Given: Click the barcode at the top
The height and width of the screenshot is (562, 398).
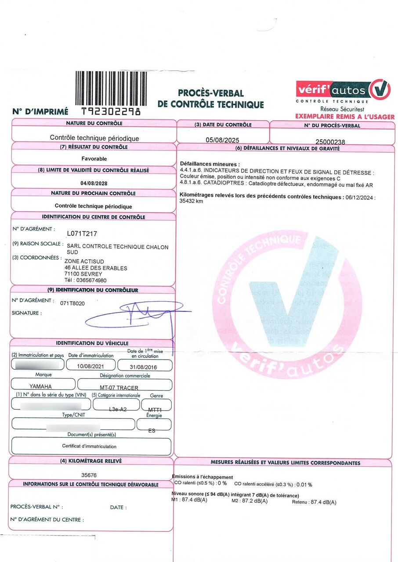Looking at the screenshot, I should (x=111, y=88).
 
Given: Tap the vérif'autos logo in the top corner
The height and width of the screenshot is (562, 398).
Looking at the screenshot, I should (x=343, y=90).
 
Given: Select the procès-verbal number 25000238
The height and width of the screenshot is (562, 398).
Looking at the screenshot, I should (x=330, y=142).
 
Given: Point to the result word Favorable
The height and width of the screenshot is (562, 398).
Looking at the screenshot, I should (x=94, y=159).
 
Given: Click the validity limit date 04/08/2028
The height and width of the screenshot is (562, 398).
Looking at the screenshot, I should (x=94, y=183).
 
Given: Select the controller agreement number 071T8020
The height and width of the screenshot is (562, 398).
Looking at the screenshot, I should (x=73, y=303).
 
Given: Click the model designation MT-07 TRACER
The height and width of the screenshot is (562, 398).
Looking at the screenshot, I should (x=119, y=388).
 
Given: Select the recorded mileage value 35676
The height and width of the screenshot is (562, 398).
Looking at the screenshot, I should (x=89, y=475).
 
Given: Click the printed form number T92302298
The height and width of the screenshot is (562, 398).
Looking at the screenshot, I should (x=111, y=112).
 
